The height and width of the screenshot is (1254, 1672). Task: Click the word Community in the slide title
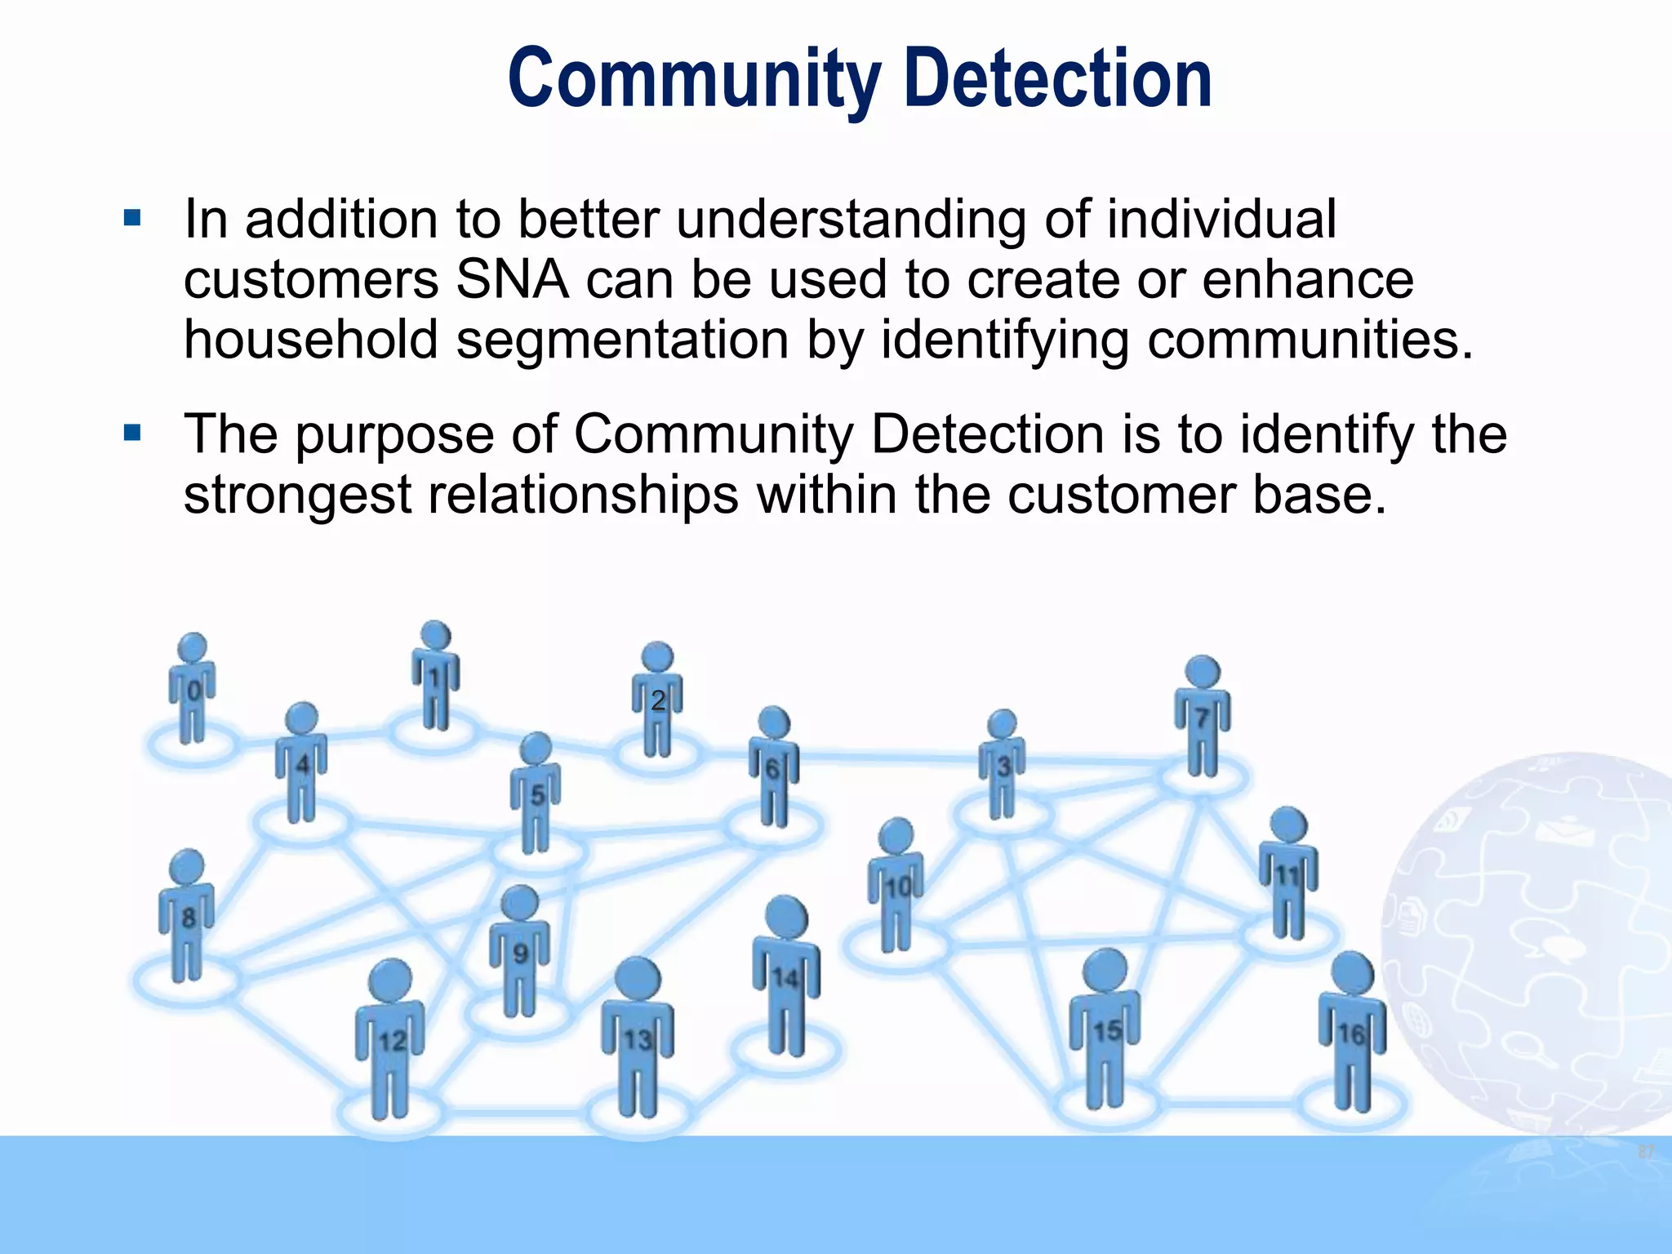click(x=694, y=79)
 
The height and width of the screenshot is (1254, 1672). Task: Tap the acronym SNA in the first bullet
click(x=511, y=280)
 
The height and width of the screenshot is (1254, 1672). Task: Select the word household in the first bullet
click(x=310, y=340)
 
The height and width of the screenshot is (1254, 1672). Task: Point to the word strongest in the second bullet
click(x=297, y=495)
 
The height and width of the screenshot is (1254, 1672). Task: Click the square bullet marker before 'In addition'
click(x=132, y=219)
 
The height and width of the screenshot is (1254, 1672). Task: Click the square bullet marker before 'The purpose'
click(x=132, y=433)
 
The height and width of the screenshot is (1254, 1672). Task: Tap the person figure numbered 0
click(x=193, y=690)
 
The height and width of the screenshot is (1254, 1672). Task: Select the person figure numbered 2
click(x=657, y=700)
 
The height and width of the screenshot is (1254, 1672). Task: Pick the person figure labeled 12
click(x=390, y=1041)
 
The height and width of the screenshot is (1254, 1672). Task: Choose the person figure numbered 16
click(x=1352, y=1033)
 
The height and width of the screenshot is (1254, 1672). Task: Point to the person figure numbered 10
click(x=896, y=886)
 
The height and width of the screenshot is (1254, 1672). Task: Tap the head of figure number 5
click(x=536, y=749)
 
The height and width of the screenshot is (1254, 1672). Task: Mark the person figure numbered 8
click(x=187, y=916)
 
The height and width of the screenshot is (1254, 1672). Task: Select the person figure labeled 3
click(x=1003, y=766)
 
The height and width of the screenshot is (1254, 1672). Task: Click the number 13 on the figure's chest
click(x=638, y=1040)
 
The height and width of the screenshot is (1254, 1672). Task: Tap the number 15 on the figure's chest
click(x=1106, y=1031)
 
